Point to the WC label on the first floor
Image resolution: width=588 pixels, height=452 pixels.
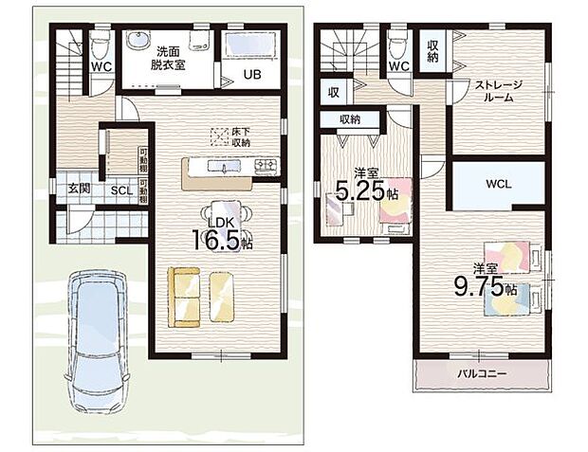click(101, 67)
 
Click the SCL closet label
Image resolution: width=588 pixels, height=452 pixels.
click(120, 190)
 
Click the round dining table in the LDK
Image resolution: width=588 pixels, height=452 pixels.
click(223, 214)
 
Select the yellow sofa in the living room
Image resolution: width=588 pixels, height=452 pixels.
click(183, 297)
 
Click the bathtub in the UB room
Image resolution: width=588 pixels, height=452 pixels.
click(250, 46)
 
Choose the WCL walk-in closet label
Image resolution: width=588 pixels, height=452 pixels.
click(498, 184)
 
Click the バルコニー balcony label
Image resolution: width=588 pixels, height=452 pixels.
click(484, 373)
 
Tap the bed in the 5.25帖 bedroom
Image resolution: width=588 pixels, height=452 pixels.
click(395, 200)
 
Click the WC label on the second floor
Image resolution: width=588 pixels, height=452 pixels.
click(398, 67)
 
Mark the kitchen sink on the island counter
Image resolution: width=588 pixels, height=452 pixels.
click(224, 169)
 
